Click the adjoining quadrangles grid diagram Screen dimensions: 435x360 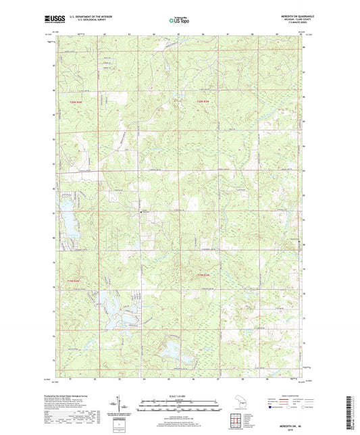pyautogui.click(x=237, y=423)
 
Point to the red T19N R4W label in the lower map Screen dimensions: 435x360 pyautogui.click(x=203, y=276)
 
